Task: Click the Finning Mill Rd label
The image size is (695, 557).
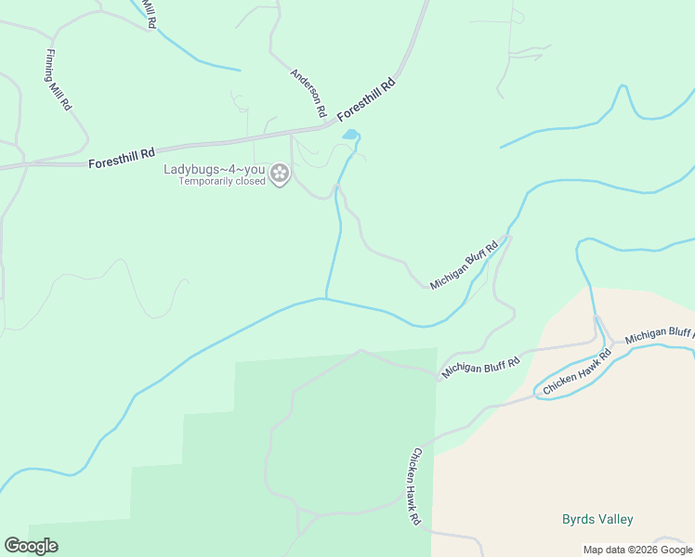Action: (58, 80)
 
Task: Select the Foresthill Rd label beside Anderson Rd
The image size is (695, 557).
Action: (366, 98)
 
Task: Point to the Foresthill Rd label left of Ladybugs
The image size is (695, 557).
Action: (121, 157)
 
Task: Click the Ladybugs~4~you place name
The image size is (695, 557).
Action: (215, 169)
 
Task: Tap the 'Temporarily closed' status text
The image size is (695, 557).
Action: (222, 181)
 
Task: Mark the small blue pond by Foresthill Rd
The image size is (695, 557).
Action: (350, 135)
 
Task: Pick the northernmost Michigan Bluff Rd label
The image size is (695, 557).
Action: (465, 264)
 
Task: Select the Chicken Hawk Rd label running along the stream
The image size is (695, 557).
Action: (577, 373)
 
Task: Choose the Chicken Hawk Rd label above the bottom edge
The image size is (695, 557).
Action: (414, 487)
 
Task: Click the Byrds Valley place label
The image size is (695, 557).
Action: (597, 519)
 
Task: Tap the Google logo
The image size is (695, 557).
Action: (31, 546)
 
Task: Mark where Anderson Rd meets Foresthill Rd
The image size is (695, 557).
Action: (327, 125)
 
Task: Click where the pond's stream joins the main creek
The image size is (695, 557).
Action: (325, 298)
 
